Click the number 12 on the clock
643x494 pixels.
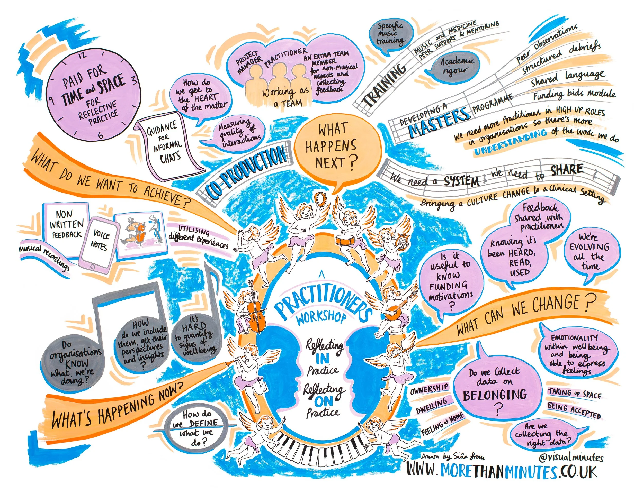[82, 55]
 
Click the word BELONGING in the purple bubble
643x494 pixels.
[495, 395]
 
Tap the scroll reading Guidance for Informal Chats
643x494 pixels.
[168, 144]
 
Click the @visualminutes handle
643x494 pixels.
[571, 458]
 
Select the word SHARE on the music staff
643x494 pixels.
[567, 171]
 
